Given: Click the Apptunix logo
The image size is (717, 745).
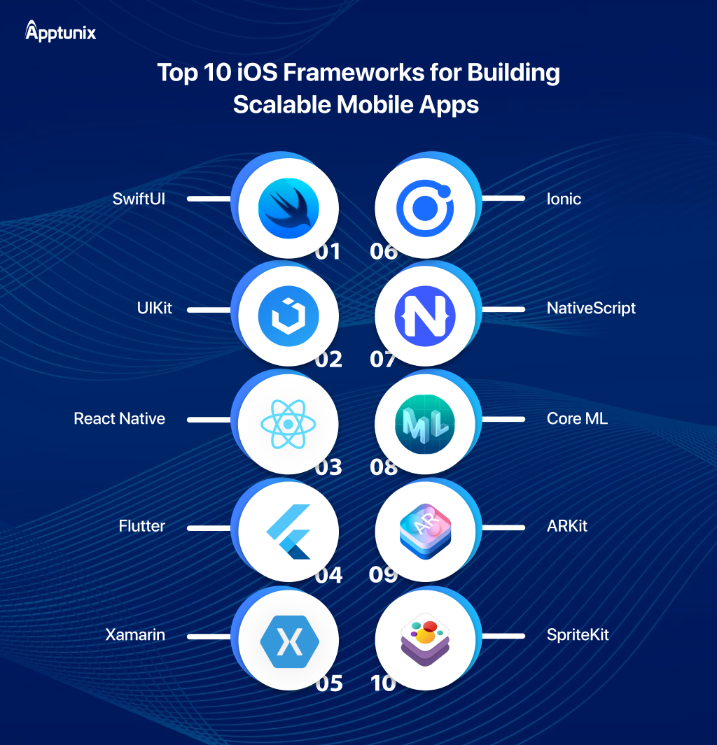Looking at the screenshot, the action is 60,31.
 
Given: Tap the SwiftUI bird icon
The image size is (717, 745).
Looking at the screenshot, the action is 288,208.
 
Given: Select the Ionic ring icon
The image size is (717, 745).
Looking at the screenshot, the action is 425,208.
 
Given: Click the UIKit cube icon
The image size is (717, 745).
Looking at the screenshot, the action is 288,316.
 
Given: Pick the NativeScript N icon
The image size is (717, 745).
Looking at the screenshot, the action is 425,316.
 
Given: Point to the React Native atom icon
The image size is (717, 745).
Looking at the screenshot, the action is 288,424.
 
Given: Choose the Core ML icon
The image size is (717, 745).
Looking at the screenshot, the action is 425,424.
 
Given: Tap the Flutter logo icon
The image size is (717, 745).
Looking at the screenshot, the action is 288,532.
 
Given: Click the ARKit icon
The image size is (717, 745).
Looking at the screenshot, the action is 425,532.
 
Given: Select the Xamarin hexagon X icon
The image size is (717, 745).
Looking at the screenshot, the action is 290,641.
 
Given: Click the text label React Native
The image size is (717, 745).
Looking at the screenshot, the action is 119,418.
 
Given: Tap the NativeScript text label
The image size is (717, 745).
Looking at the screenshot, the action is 591,308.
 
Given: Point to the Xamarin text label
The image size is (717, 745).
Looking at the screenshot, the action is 135,634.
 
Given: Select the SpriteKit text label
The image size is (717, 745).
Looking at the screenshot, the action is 578,635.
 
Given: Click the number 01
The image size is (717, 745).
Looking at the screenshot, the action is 328,251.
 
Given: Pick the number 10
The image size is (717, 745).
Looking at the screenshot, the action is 383,683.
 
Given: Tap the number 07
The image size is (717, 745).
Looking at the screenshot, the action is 383,359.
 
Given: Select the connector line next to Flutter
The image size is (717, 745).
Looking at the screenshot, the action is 209,527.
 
